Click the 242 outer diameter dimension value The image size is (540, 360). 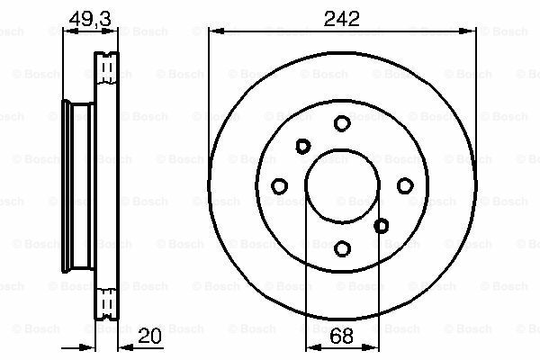(341, 15)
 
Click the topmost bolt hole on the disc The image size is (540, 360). (342, 122)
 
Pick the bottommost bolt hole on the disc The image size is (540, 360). (342, 247)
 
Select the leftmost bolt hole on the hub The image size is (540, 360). (279, 185)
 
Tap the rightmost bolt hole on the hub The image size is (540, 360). (404, 185)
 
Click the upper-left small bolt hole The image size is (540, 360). (302, 146)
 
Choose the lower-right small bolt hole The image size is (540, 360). (381, 225)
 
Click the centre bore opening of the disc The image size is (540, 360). (342, 184)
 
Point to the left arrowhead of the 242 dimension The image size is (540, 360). (214, 31)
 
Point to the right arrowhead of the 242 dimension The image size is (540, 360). (469, 31)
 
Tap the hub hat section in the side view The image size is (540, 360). (79, 184)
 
